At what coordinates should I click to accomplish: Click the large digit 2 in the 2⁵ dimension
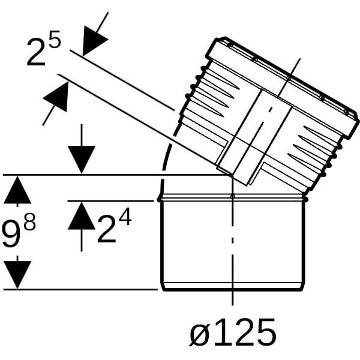tap(36, 53)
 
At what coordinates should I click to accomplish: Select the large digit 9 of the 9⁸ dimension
tap(11, 234)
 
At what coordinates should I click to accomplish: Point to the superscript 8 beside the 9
tap(30, 222)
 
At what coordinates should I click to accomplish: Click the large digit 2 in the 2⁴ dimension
tap(107, 229)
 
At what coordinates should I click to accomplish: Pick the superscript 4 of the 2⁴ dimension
tap(125, 217)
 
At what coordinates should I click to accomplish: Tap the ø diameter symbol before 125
tap(200, 332)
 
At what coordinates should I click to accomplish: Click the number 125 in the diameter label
tap(244, 332)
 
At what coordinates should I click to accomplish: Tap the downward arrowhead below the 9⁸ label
tap(17, 275)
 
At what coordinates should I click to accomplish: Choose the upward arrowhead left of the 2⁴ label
tap(82, 216)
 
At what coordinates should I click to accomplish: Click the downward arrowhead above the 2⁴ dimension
tap(82, 160)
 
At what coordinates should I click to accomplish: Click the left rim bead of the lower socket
tap(160, 199)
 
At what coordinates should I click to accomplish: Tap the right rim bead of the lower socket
tap(305, 199)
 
